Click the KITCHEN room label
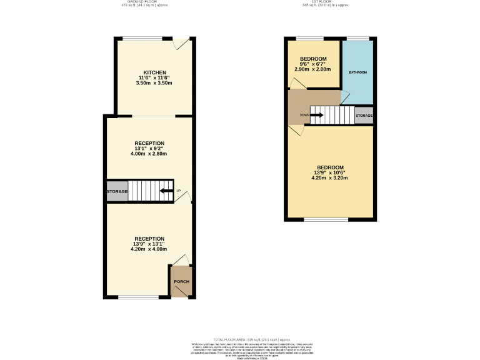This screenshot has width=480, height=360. [154, 72]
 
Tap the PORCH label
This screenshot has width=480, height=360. [181, 281]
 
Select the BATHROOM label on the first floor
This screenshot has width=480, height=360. [357, 72]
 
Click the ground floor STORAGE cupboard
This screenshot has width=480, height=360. [117, 191]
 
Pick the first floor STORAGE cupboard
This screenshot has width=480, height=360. [364, 116]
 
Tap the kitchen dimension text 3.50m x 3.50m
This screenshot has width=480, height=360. [154, 82]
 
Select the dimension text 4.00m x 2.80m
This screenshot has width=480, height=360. [149, 153]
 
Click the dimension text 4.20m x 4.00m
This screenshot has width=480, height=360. [149, 249]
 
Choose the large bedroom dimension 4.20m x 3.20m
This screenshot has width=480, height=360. [329, 177]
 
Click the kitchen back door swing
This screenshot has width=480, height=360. [181, 44]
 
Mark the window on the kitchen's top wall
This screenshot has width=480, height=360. [139, 39]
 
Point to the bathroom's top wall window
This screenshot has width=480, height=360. [357, 39]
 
